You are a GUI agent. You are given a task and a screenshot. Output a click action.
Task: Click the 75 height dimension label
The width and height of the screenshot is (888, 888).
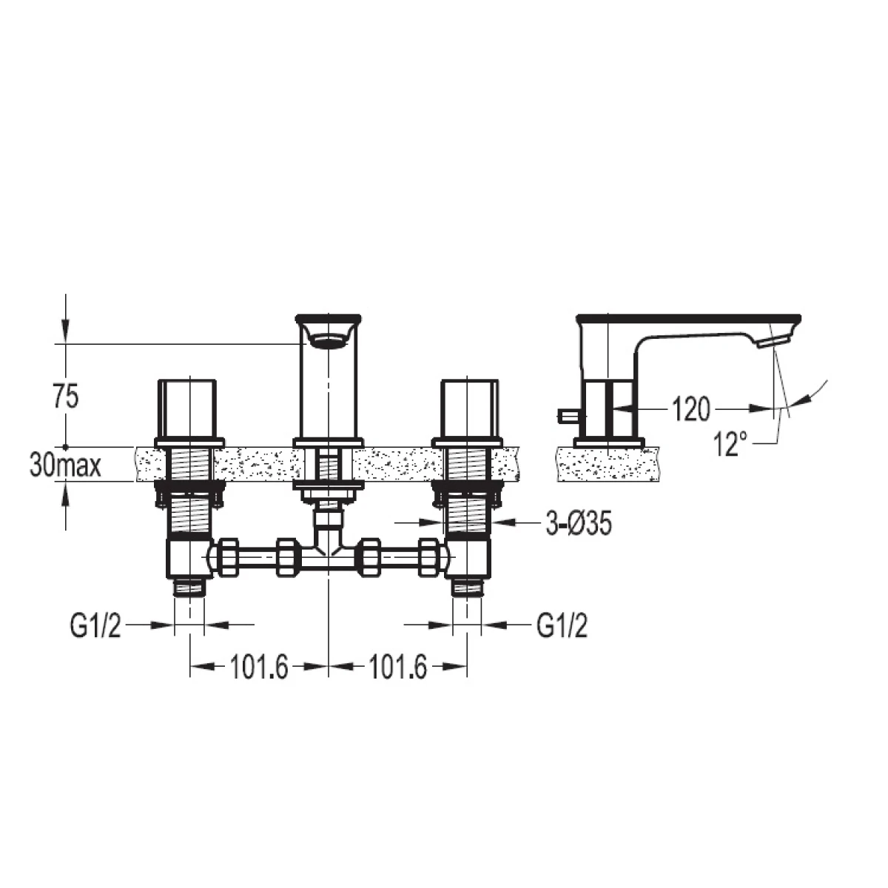tap(67, 397)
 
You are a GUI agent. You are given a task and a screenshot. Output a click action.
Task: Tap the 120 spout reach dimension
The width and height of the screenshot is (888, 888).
tap(690, 408)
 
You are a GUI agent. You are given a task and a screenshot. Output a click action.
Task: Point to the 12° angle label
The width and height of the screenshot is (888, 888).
tap(730, 443)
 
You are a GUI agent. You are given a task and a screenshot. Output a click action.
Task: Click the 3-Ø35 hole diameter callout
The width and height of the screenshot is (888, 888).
tap(579, 523)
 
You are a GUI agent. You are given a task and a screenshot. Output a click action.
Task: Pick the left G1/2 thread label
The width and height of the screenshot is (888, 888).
tap(95, 625)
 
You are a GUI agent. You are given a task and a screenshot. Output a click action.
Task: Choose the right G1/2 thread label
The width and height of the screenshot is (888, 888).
tap(562, 625)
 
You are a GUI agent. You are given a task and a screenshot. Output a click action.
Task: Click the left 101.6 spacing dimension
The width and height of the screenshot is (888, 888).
tap(258, 667)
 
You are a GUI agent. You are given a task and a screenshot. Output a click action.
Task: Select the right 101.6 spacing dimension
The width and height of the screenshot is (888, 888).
tap(397, 667)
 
